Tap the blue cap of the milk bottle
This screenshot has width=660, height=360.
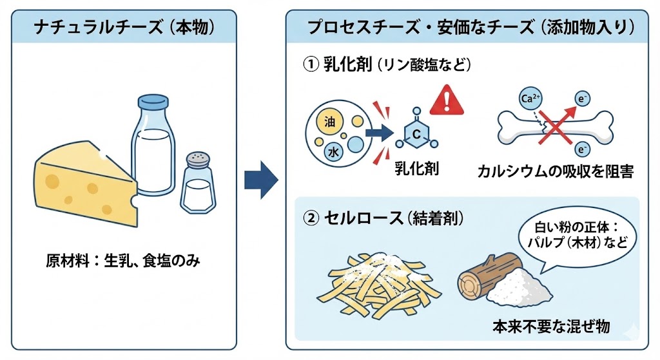(x=153, y=102)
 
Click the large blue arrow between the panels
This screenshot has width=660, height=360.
(x=260, y=180)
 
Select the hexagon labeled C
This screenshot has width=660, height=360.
(x=416, y=135)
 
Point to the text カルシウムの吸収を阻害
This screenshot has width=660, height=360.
(x=555, y=172)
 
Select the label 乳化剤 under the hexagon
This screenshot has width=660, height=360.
(x=416, y=169)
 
